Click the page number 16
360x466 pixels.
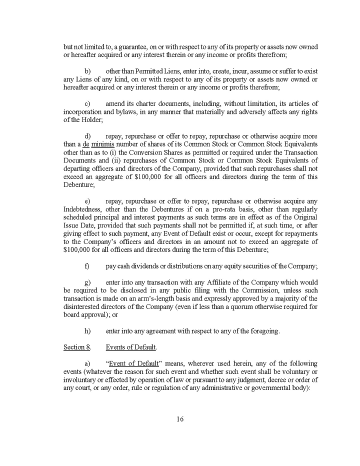pos(180,419)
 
